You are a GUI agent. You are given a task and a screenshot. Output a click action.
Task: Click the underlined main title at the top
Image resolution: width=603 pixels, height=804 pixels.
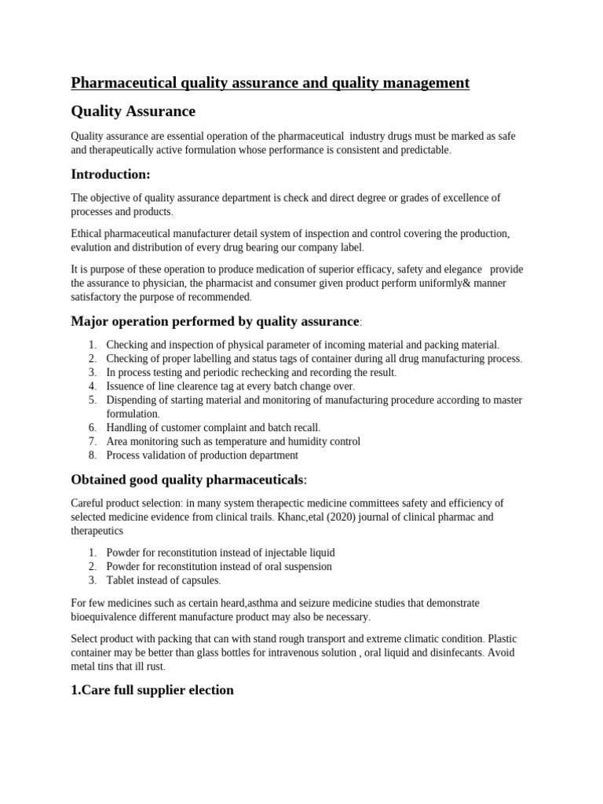pyautogui.click(x=270, y=82)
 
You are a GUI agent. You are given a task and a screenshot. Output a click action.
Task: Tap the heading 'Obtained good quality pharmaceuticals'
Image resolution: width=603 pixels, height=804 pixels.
pyautogui.click(x=189, y=479)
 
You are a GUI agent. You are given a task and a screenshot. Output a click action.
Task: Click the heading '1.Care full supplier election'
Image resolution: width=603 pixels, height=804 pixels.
pyautogui.click(x=152, y=689)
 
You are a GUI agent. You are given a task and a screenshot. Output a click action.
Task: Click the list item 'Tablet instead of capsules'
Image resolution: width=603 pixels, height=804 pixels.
pyautogui.click(x=163, y=580)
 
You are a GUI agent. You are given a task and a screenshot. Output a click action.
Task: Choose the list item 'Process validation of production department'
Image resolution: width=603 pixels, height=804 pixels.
pyautogui.click(x=202, y=455)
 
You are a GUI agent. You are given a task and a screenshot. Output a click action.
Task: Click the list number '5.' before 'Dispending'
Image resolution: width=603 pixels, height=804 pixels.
pyautogui.click(x=92, y=400)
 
